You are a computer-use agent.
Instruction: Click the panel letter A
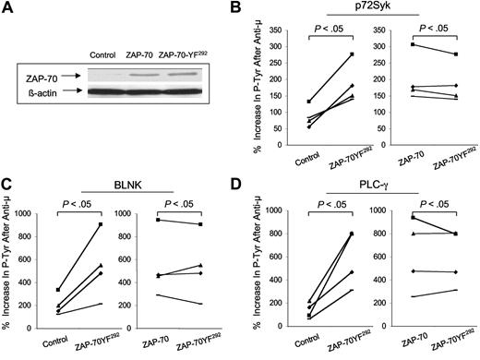(7, 8)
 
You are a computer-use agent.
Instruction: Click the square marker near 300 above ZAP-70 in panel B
(388, 44)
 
